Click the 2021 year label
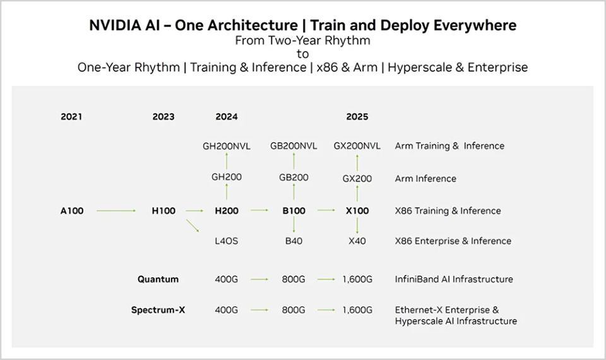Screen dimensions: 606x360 (x=71, y=117)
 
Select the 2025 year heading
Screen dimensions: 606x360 (x=357, y=117)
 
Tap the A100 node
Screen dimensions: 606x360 (x=72, y=211)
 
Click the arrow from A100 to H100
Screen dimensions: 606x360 (x=116, y=211)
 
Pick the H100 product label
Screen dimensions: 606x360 (x=163, y=211)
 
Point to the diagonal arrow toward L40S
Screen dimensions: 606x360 (x=193, y=226)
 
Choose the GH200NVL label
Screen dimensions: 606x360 (x=227, y=146)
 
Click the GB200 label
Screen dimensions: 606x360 (x=294, y=177)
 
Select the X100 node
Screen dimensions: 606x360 (x=357, y=211)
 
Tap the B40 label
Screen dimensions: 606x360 (x=294, y=241)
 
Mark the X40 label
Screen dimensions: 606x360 (x=357, y=241)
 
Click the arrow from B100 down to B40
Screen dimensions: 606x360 (x=294, y=225)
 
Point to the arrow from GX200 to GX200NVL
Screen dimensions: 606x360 (x=357, y=162)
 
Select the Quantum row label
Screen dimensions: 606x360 (x=158, y=279)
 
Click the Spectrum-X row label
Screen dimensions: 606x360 (x=158, y=310)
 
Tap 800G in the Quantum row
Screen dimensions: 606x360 (x=294, y=279)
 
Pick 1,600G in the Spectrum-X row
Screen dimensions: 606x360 (x=357, y=310)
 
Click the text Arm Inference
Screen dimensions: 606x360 (x=425, y=179)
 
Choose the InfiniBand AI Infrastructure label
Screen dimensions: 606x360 (x=454, y=279)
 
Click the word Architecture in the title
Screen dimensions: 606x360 (x=252, y=25)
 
